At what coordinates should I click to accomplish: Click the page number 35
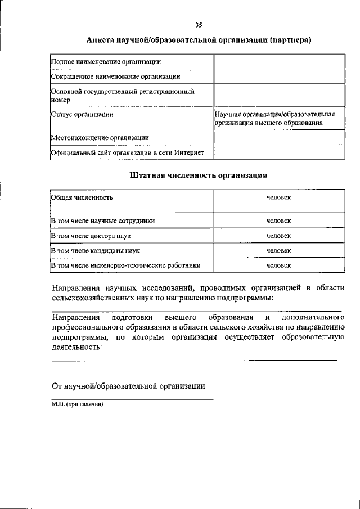click(x=198, y=25)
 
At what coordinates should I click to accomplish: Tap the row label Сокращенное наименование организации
click(x=115, y=76)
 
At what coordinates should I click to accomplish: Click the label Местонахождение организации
click(x=100, y=137)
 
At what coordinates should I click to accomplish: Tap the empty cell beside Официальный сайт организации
click(x=279, y=152)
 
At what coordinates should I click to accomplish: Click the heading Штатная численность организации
click(x=198, y=175)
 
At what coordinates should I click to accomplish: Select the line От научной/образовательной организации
click(x=128, y=386)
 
